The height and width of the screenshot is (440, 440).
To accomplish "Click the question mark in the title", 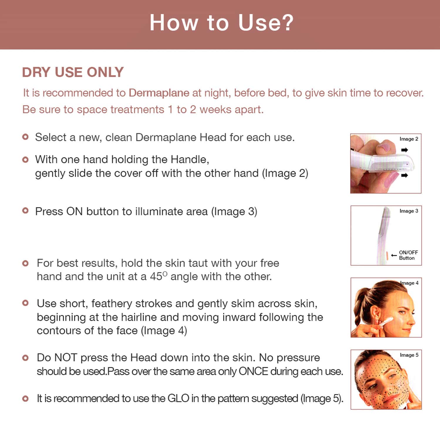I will tap(286, 23).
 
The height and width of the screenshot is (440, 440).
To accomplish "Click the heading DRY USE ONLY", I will tap(73, 72).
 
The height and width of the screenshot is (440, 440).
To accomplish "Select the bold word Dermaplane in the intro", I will tap(159, 93).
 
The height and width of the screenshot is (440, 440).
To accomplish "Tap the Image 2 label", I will tap(409, 139).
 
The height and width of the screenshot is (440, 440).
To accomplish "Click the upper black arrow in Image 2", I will tap(404, 150).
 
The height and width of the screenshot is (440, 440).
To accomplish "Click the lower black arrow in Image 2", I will tap(404, 176).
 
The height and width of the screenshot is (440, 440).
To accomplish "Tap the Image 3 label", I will tap(409, 211).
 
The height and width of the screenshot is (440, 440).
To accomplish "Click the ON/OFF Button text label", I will tap(408, 255).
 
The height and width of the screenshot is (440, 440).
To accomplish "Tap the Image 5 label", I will tap(409, 355).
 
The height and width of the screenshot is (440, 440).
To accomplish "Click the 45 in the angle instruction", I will tap(156, 277).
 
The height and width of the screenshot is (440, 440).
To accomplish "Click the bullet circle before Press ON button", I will tap(26, 210).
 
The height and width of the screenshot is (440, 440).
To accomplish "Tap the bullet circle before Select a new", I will tap(26, 137).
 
